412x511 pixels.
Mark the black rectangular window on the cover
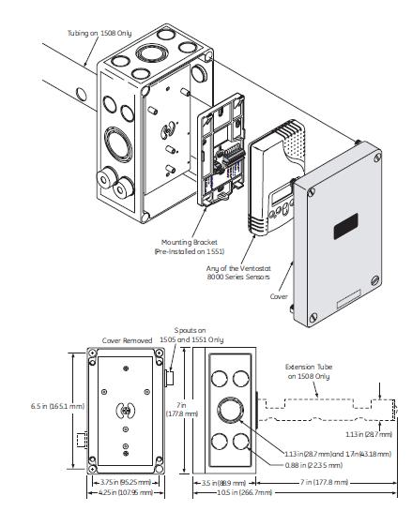(343, 224)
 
